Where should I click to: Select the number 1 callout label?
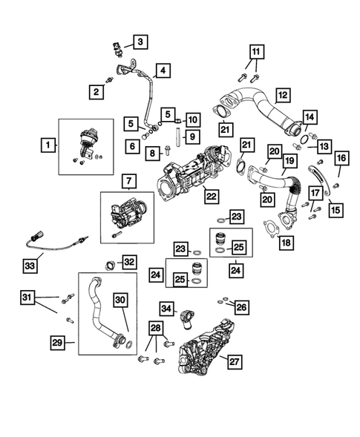48,147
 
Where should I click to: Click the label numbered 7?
128,182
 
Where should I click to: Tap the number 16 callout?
341,159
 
